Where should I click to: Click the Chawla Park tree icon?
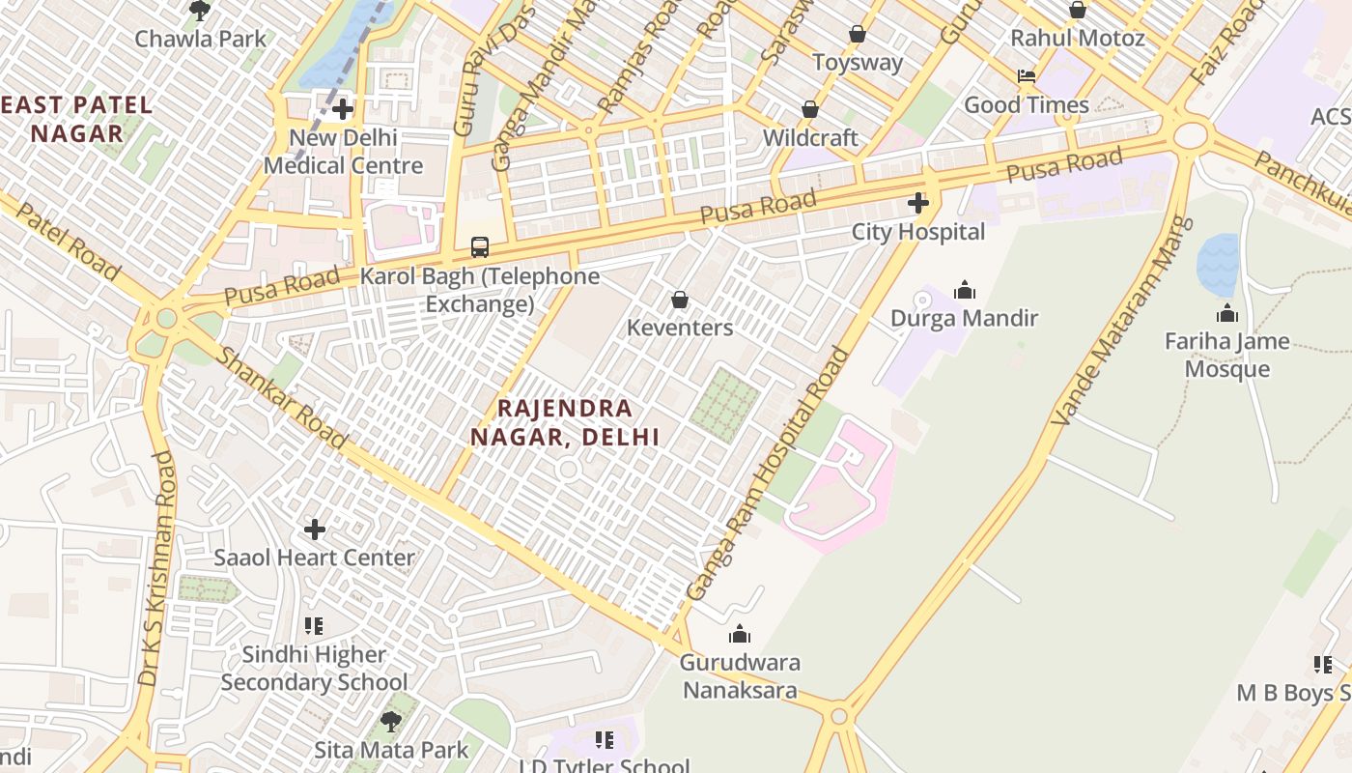tap(200, 11)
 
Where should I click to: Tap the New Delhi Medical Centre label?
tap(343, 152)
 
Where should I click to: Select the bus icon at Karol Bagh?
tap(480, 246)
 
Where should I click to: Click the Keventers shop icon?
tap(680, 300)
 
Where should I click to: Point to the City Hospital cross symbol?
tap(917, 203)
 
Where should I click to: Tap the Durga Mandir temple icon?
tap(964, 290)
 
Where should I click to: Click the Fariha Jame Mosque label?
tap(1226, 355)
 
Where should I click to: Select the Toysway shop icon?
tap(857, 35)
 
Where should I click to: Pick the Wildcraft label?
tap(810, 138)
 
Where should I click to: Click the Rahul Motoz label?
tap(1077, 39)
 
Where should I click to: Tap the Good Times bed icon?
tap(1026, 76)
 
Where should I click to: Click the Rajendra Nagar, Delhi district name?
tap(565, 422)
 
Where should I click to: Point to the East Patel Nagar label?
tap(77, 119)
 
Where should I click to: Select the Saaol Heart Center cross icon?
tap(314, 530)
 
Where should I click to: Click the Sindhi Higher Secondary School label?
tap(314, 669)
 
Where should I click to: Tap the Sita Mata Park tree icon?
tap(390, 721)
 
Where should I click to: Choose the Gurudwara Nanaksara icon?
tap(740, 634)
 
